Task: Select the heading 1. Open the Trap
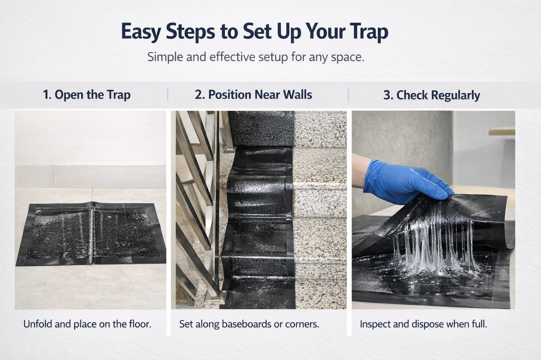[x=87, y=95]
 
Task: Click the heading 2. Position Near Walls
[x=253, y=95]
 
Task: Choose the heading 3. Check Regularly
[x=431, y=95]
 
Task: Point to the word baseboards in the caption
[x=245, y=324]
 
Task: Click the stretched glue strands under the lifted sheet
[x=433, y=243]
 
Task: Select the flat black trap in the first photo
[x=90, y=234]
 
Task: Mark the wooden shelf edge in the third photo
[x=501, y=131]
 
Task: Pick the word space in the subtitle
[x=348, y=58]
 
